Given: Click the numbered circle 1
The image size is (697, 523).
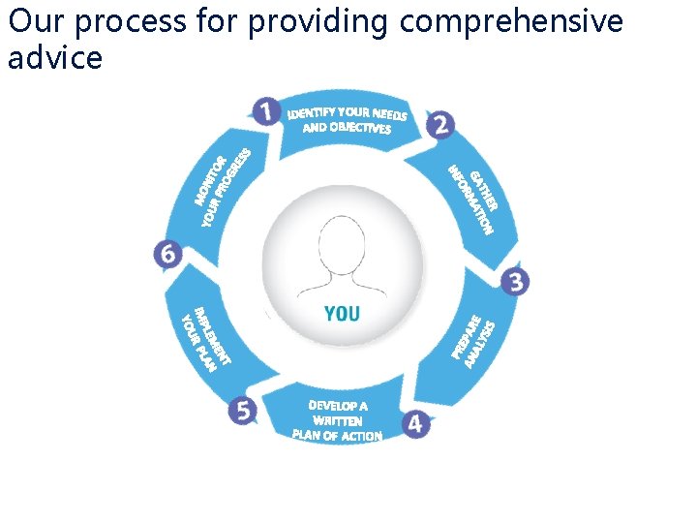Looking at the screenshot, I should [x=266, y=111].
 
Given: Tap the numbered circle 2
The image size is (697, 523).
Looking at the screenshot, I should [x=440, y=125].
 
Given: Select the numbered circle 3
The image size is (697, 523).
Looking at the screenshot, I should [x=515, y=282].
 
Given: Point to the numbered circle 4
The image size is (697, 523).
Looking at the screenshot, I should [x=416, y=423].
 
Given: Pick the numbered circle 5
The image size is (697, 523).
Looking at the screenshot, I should [x=243, y=411].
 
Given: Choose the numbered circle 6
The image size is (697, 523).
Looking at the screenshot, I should [x=168, y=255].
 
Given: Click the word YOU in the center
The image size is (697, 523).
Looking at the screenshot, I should [x=342, y=313].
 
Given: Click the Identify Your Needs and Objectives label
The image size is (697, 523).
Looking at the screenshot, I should [x=347, y=120].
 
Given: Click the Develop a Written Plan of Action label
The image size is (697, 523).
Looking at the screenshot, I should [x=338, y=421].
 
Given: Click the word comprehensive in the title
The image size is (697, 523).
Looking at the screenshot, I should [x=511, y=21].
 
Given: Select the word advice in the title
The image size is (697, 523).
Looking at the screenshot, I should [x=54, y=58].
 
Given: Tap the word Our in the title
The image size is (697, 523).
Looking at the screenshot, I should [x=35, y=21].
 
